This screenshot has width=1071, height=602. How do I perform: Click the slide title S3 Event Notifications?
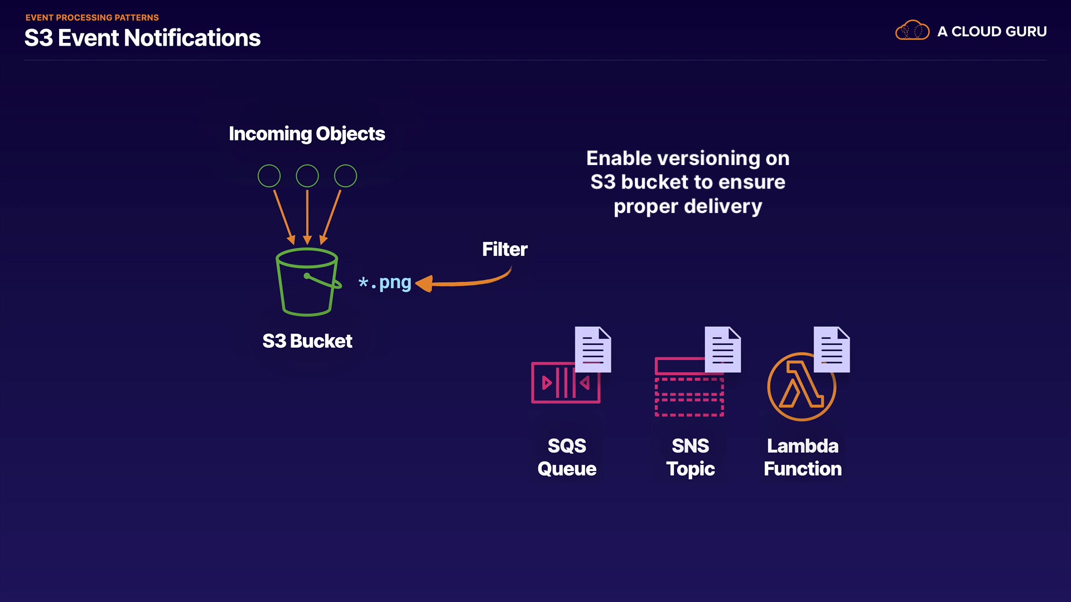(142, 38)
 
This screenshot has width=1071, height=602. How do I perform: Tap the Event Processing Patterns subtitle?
(92, 17)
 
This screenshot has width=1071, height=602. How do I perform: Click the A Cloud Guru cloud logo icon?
(912, 31)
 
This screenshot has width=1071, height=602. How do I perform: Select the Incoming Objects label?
(307, 134)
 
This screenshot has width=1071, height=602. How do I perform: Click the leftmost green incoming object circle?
(269, 176)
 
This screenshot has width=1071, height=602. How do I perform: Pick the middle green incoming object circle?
(307, 176)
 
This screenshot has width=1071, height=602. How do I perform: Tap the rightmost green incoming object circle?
(345, 176)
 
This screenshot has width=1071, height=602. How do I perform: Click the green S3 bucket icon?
(307, 282)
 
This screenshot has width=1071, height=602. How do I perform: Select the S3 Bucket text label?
(307, 341)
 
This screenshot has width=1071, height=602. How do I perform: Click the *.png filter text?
(385, 283)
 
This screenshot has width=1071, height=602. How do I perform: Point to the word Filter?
(504, 249)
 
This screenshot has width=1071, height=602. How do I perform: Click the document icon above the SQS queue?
(593, 349)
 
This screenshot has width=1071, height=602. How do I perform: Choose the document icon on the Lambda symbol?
(832, 349)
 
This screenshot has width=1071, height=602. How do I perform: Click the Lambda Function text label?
(803, 457)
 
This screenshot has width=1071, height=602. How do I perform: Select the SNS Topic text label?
(691, 457)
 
